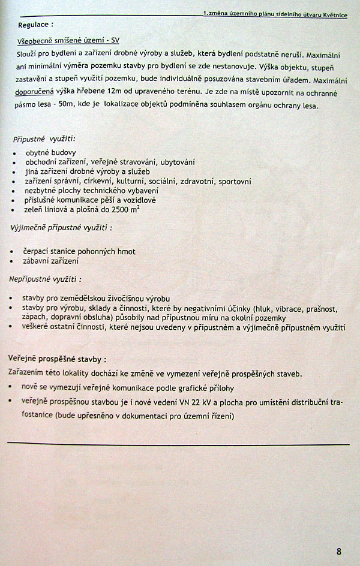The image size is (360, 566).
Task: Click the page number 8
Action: click(339, 552)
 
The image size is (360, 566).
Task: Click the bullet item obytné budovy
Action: click(50, 152)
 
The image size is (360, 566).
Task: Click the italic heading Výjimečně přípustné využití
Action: click(62, 228)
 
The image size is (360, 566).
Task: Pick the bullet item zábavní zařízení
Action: click(52, 261)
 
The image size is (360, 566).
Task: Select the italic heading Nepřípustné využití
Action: click(45, 279)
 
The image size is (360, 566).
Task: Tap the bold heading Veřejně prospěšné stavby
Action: click(57, 359)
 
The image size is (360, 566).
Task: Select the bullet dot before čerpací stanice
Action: click(14, 252)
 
